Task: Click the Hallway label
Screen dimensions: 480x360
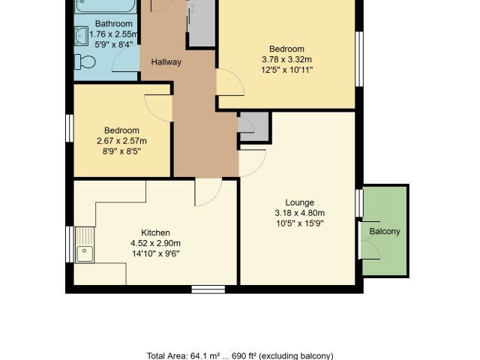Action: [x=166, y=62]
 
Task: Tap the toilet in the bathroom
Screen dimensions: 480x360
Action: [x=85, y=61]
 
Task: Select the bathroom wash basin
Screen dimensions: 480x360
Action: [x=82, y=36]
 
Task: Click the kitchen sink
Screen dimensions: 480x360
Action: [x=85, y=245]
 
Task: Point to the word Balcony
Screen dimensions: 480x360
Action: [x=385, y=231]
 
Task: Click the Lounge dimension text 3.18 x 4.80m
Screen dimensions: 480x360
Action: [x=300, y=213]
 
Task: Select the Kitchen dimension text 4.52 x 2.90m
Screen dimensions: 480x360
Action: [x=155, y=243]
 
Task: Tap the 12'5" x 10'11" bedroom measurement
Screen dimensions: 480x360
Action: [x=286, y=70]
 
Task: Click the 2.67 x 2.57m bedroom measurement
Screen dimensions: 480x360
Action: [x=121, y=141]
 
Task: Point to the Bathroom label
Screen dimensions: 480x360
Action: [x=114, y=23]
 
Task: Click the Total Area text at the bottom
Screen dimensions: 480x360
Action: [x=240, y=356]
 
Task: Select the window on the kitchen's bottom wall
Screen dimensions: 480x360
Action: [x=208, y=289]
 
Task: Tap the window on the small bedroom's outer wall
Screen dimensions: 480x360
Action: [x=70, y=128]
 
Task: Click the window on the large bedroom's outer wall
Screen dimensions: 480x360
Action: [x=359, y=58]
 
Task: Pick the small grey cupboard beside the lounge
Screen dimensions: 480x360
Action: [x=254, y=127]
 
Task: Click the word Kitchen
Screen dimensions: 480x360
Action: [x=155, y=232]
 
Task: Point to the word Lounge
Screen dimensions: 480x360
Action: [x=300, y=202]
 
